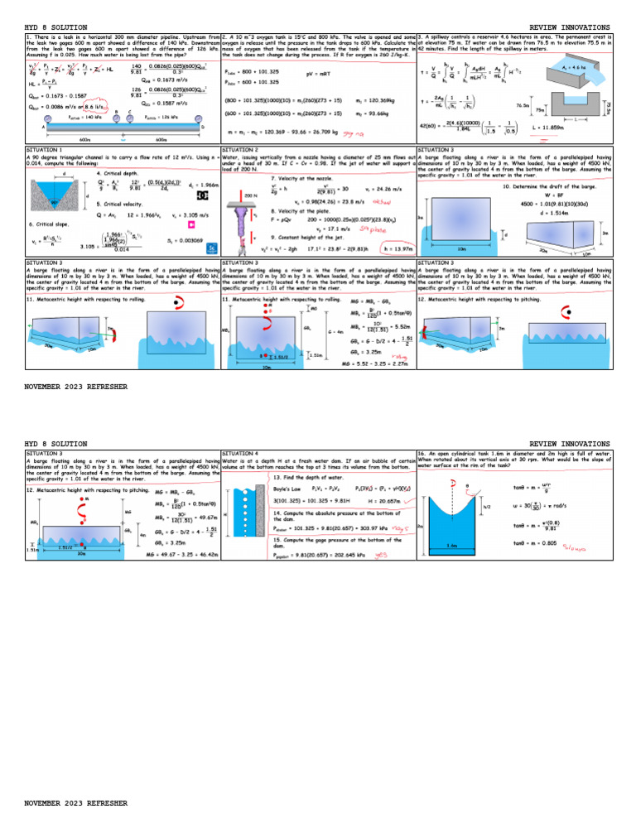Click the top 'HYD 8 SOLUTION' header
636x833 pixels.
[x=55, y=27]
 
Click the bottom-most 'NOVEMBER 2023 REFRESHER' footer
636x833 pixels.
[x=76, y=803]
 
